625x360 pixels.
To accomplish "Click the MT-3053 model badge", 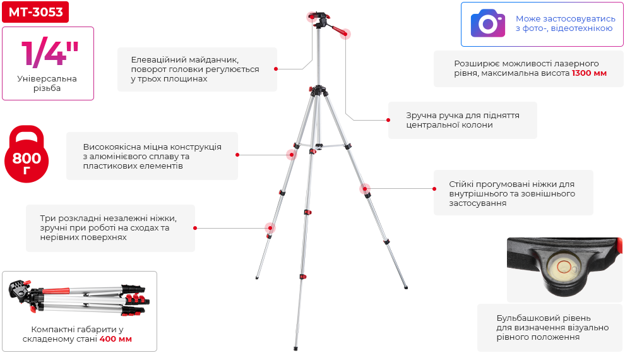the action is click(x=35, y=12).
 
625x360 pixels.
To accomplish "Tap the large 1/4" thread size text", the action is click(x=50, y=53).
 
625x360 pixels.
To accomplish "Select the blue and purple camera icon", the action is click(x=488, y=23).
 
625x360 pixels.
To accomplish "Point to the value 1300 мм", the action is click(x=589, y=73).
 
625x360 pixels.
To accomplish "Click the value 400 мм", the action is click(x=116, y=339).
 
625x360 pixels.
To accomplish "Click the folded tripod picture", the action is click(x=80, y=297).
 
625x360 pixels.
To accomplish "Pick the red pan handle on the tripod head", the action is click(x=339, y=30).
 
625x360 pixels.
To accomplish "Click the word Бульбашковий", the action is click(x=523, y=318).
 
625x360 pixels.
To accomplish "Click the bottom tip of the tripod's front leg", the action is click(x=295, y=349).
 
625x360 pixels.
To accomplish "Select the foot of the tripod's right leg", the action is click(x=406, y=287).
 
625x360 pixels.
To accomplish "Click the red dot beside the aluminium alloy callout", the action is click(x=237, y=155).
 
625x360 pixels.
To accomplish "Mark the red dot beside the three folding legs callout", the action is click(x=195, y=228).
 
